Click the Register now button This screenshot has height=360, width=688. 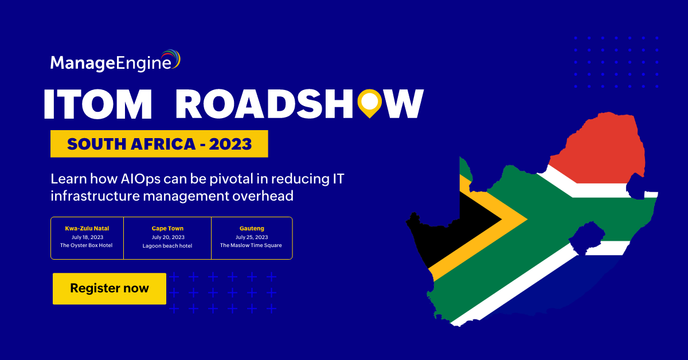point(110,288)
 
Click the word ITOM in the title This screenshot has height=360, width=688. point(98,104)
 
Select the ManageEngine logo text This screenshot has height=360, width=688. point(111,63)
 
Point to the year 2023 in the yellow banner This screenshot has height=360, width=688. point(230,144)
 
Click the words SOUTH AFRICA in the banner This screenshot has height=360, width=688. point(131,144)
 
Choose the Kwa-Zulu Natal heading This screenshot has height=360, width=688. point(87,228)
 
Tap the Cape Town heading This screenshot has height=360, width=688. point(167,228)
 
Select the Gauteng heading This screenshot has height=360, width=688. point(252,228)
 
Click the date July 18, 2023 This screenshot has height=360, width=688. point(87,237)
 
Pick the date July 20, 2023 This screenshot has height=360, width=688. point(168,237)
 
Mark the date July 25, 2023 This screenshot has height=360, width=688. point(252,237)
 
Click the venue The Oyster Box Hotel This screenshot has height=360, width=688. point(87,245)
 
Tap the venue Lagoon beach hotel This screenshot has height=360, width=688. point(167,246)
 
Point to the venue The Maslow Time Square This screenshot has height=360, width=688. point(251,245)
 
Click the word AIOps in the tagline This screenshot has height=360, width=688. point(140,179)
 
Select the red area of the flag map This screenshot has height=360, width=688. point(599,151)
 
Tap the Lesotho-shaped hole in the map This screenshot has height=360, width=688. point(587,238)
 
